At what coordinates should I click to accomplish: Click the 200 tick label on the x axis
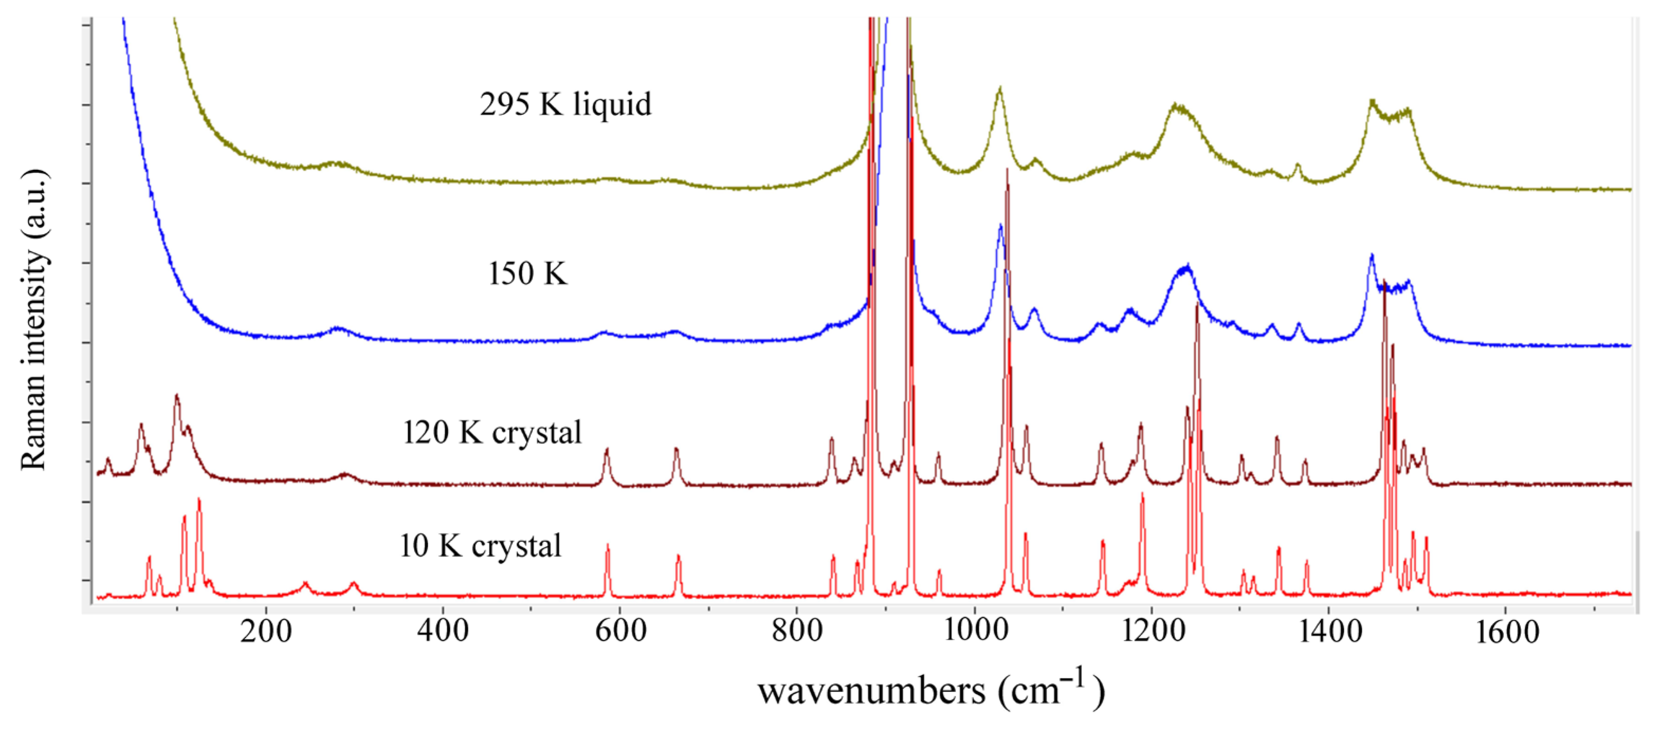tap(266, 631)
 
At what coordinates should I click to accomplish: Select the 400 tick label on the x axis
tap(443, 631)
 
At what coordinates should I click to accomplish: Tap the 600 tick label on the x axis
tap(620, 631)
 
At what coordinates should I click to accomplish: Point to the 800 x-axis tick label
tap(797, 631)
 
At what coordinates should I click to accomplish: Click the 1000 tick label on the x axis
tap(974, 631)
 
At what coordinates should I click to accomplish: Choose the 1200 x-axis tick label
tap(1152, 631)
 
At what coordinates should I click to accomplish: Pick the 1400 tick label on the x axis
tap(1329, 631)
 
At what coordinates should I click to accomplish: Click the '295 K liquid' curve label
tap(565, 105)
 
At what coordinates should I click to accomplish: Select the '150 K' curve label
tap(527, 273)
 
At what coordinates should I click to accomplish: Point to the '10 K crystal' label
tap(481, 545)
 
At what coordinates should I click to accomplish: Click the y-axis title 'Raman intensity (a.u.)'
tap(33, 320)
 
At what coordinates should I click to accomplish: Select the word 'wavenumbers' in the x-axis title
tap(871, 691)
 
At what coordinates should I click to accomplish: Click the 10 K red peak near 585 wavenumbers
tap(607, 546)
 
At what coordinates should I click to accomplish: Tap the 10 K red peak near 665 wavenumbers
tap(678, 556)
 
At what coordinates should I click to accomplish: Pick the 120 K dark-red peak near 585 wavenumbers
tap(607, 450)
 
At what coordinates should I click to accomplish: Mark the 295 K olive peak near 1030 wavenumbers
tap(1000, 88)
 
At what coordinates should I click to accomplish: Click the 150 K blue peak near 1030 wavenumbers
tap(1000, 226)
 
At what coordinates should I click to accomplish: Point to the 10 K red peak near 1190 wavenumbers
tap(1142, 495)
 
